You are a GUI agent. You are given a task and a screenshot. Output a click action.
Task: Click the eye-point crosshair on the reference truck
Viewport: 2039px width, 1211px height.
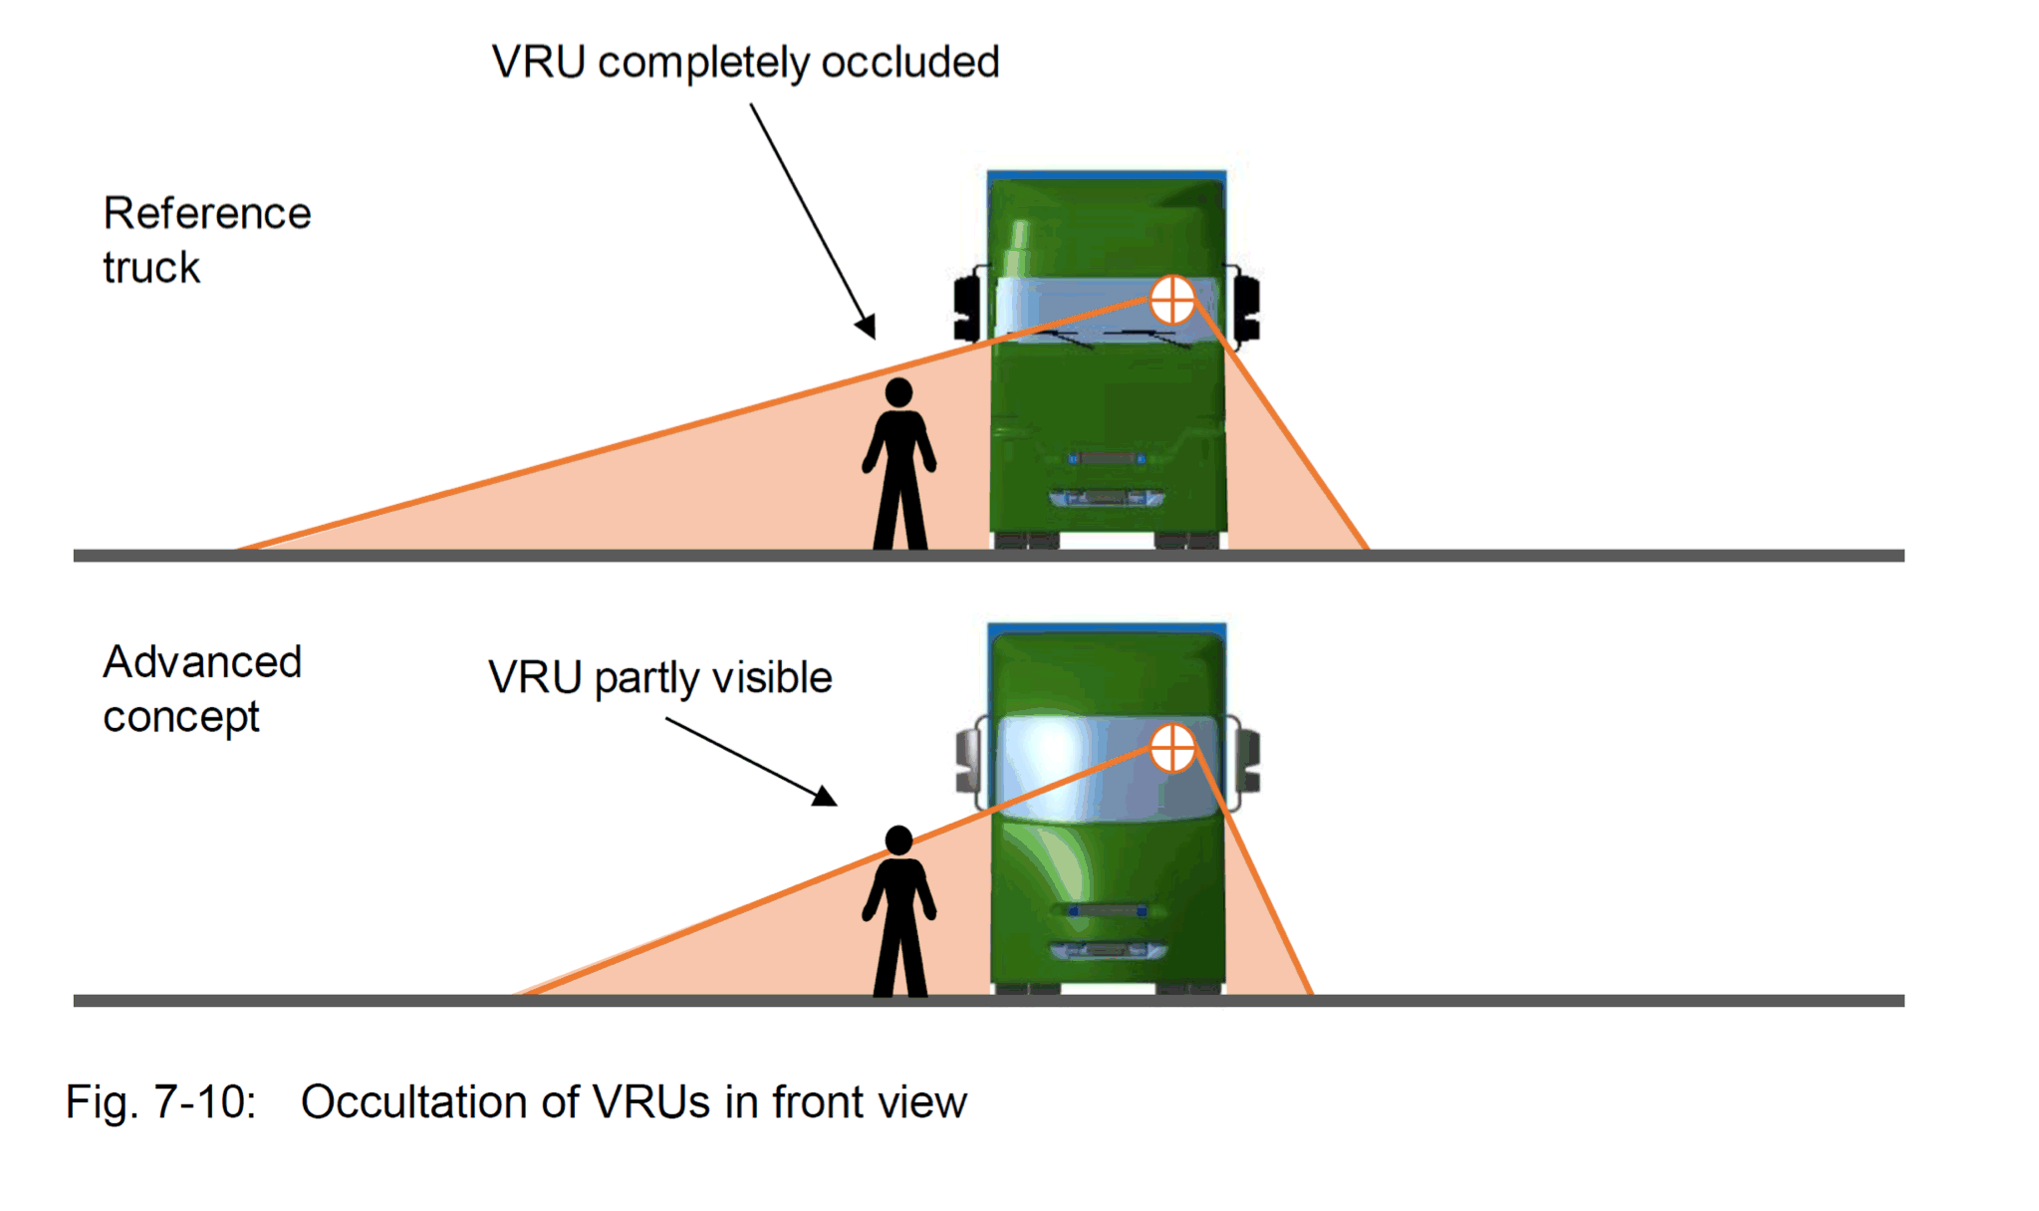(x=1172, y=300)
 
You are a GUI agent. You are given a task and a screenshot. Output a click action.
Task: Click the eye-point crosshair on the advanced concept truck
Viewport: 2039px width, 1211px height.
(x=1172, y=748)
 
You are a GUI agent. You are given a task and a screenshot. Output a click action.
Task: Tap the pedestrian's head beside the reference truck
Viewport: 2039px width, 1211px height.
(x=898, y=392)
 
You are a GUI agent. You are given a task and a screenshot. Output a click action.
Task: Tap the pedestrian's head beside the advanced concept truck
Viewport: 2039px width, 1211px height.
(x=898, y=841)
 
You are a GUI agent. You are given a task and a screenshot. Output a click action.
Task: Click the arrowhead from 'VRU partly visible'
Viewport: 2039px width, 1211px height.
(x=826, y=797)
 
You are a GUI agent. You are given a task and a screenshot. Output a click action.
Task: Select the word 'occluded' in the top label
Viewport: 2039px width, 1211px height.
(x=909, y=63)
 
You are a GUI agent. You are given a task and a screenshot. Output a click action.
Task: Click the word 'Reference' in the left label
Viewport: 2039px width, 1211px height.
(x=207, y=213)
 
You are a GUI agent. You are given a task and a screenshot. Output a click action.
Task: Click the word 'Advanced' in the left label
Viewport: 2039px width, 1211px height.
(x=202, y=662)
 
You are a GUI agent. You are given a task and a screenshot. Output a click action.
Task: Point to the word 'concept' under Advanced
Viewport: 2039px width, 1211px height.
(x=181, y=717)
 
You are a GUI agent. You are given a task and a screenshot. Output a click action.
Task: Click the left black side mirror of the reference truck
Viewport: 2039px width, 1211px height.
(x=966, y=308)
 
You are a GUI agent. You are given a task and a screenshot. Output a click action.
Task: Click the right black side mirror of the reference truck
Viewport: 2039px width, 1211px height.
(x=1246, y=308)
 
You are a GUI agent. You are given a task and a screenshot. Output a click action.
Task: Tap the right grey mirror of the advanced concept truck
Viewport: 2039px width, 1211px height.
(x=1248, y=761)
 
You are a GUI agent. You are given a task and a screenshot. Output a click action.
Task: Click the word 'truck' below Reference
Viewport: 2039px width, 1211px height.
(x=151, y=268)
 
